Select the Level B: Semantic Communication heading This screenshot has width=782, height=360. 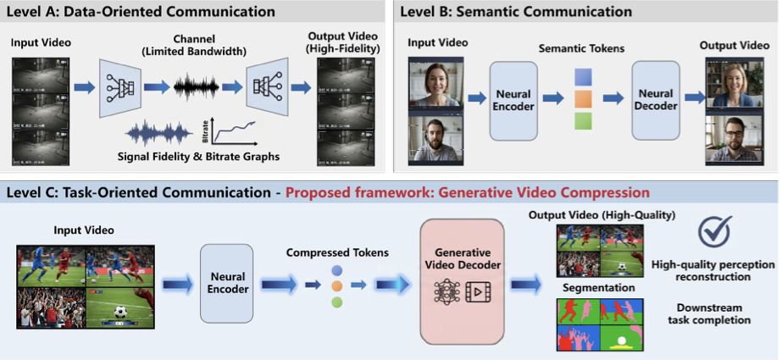click(517, 12)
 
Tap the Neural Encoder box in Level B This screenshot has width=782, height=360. click(513, 101)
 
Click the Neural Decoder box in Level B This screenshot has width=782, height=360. click(656, 101)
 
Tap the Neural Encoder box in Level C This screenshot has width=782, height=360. click(226, 283)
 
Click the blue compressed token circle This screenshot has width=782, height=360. click(337, 270)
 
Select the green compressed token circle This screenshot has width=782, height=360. click(337, 302)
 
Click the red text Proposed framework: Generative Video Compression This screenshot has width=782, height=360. click(468, 192)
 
